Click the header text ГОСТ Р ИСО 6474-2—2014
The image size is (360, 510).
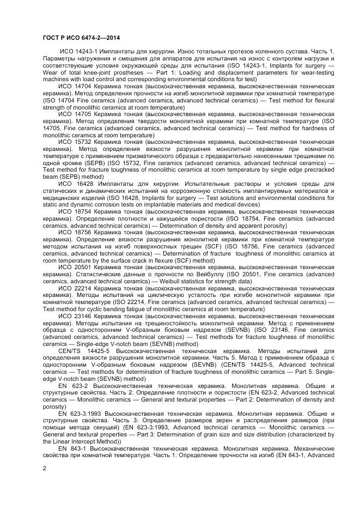[81, 38]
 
